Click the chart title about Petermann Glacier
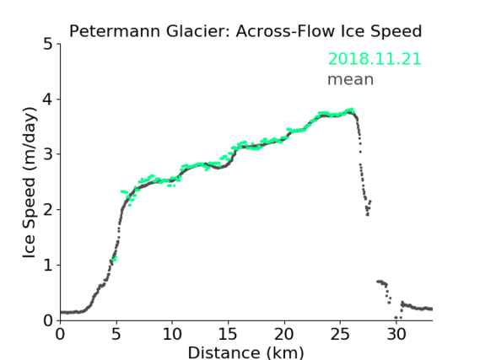(245, 31)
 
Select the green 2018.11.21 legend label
(375, 59)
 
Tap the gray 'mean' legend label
(351, 79)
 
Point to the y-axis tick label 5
(48, 44)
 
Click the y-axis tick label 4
(48, 99)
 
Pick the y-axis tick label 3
(48, 154)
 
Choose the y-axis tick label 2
(48, 210)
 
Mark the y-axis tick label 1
(48, 266)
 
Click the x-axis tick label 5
(116, 334)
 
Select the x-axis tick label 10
(172, 334)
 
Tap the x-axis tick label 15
(228, 334)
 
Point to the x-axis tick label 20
(284, 334)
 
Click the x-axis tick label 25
(340, 334)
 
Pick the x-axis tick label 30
(396, 334)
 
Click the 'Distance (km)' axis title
(245, 352)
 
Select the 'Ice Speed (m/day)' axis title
(30, 183)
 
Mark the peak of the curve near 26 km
(351, 110)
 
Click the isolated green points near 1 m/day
(114, 259)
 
